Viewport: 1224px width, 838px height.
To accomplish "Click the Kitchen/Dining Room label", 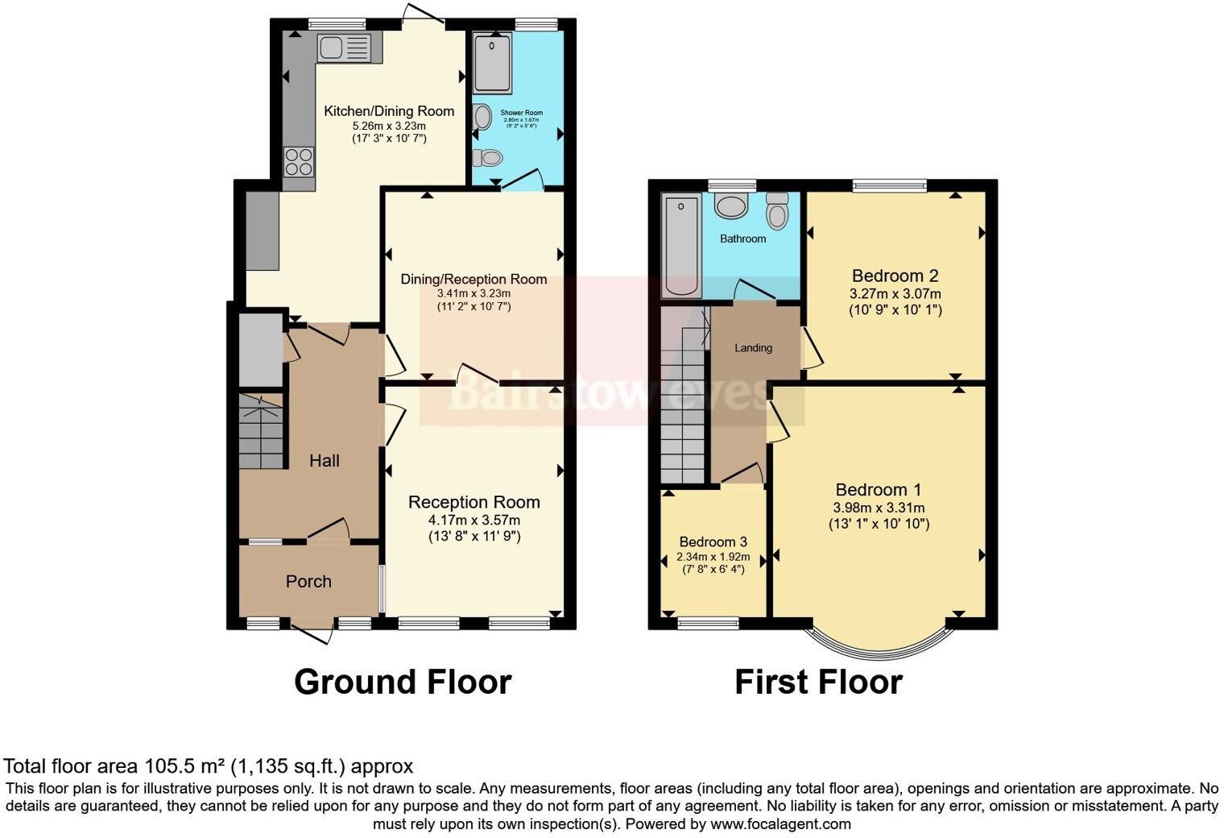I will pyautogui.click(x=389, y=111).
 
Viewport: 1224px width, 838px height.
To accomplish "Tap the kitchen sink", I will pyautogui.click(x=343, y=48).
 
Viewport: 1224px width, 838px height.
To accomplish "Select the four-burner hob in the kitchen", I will pyautogui.click(x=299, y=161).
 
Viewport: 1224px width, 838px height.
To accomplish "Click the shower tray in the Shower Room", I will pyautogui.click(x=492, y=62).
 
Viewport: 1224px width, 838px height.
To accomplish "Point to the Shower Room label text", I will pyautogui.click(x=521, y=113).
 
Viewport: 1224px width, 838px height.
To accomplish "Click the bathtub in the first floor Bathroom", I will pyautogui.click(x=681, y=246).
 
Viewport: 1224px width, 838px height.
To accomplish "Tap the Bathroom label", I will pyautogui.click(x=742, y=239).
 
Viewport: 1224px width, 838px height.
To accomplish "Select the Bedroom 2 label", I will pyautogui.click(x=895, y=276).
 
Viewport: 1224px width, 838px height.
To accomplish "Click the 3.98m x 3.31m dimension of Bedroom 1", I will pyautogui.click(x=879, y=508).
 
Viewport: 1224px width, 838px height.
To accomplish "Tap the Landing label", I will pyautogui.click(x=753, y=348).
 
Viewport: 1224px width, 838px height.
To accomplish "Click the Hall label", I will pyautogui.click(x=325, y=461).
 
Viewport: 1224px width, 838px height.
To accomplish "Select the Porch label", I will pyautogui.click(x=308, y=582).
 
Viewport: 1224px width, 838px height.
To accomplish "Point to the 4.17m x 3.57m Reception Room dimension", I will pyautogui.click(x=473, y=520).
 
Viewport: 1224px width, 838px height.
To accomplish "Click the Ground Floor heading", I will pyautogui.click(x=403, y=682).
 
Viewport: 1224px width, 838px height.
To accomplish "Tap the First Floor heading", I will pyautogui.click(x=818, y=682).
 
